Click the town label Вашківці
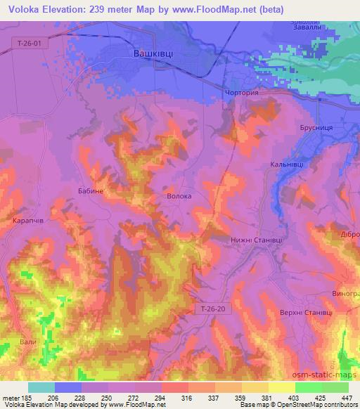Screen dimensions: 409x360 coord(155,53)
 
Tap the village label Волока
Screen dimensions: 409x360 coord(179,197)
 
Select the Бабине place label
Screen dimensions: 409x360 coord(90,190)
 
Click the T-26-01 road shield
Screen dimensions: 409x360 coord(31,44)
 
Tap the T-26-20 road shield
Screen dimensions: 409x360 coord(210,309)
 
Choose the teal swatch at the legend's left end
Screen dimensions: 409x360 coord(41,387)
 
